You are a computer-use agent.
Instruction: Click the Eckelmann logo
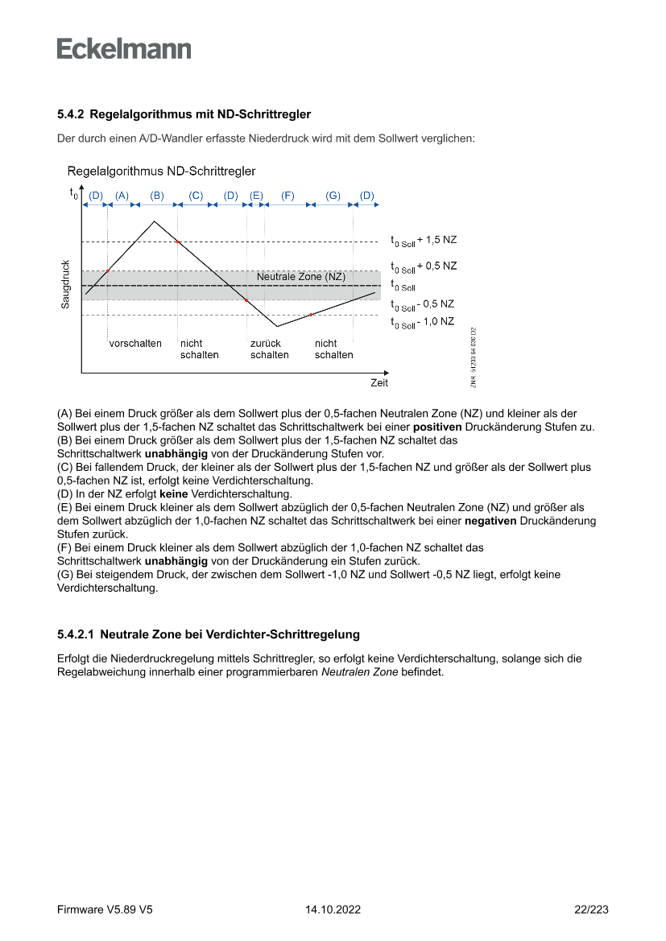[124, 49]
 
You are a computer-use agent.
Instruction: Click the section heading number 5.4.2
[72, 115]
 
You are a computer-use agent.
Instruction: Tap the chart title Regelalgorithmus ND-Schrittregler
[162, 171]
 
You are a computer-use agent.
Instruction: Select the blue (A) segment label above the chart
[122, 196]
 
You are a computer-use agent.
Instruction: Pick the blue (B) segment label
[157, 196]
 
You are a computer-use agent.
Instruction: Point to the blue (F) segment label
[287, 196]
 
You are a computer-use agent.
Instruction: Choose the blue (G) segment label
[333, 196]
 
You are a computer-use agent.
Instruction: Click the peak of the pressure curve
[154, 221]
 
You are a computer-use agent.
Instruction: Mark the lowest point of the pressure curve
[277, 326]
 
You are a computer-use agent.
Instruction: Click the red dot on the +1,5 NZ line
[177, 241]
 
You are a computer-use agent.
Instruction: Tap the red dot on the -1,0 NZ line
[311, 315]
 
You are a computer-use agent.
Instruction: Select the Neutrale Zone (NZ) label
[300, 277]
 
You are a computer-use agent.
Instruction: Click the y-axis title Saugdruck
[66, 283]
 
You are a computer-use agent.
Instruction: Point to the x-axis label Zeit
[379, 383]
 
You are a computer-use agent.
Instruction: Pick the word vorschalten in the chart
[135, 344]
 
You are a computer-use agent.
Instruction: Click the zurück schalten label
[269, 349]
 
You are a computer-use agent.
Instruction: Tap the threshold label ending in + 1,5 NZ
[424, 240]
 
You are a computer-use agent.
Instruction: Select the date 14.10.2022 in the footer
[333, 910]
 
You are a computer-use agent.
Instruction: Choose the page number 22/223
[591, 910]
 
